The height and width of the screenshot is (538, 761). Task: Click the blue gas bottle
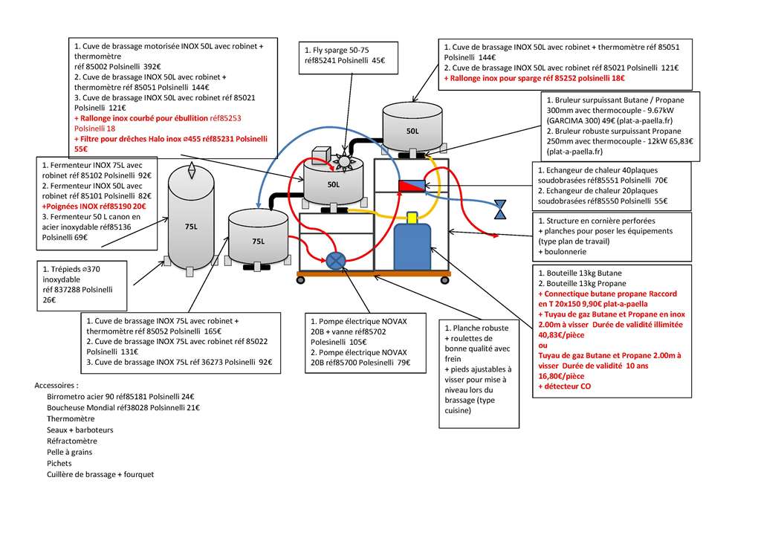(412, 247)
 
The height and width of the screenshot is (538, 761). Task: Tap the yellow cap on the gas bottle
(412, 218)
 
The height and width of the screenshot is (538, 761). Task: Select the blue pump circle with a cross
(335, 261)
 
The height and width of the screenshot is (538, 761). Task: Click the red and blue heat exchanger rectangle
(412, 185)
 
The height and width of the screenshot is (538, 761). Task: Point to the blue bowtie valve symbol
(500, 209)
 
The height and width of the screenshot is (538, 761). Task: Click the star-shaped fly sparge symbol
(343, 161)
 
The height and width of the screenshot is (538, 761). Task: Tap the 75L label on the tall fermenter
(191, 227)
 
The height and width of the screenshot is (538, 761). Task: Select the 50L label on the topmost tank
(412, 131)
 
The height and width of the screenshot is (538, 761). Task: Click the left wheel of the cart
(301, 280)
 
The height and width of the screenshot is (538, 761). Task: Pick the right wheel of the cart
(444, 280)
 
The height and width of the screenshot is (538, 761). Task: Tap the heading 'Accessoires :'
(56, 386)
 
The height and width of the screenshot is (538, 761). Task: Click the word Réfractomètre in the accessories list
(72, 441)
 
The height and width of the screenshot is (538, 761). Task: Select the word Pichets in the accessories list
(59, 463)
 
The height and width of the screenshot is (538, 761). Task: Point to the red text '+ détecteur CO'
(565, 386)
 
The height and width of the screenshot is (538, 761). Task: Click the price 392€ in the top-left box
(152, 66)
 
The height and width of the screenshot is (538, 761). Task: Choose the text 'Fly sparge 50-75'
(337, 50)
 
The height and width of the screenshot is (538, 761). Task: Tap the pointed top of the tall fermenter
(192, 164)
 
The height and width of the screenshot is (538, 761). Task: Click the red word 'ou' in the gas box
(543, 346)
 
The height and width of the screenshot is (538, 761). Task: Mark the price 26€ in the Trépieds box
(49, 299)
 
